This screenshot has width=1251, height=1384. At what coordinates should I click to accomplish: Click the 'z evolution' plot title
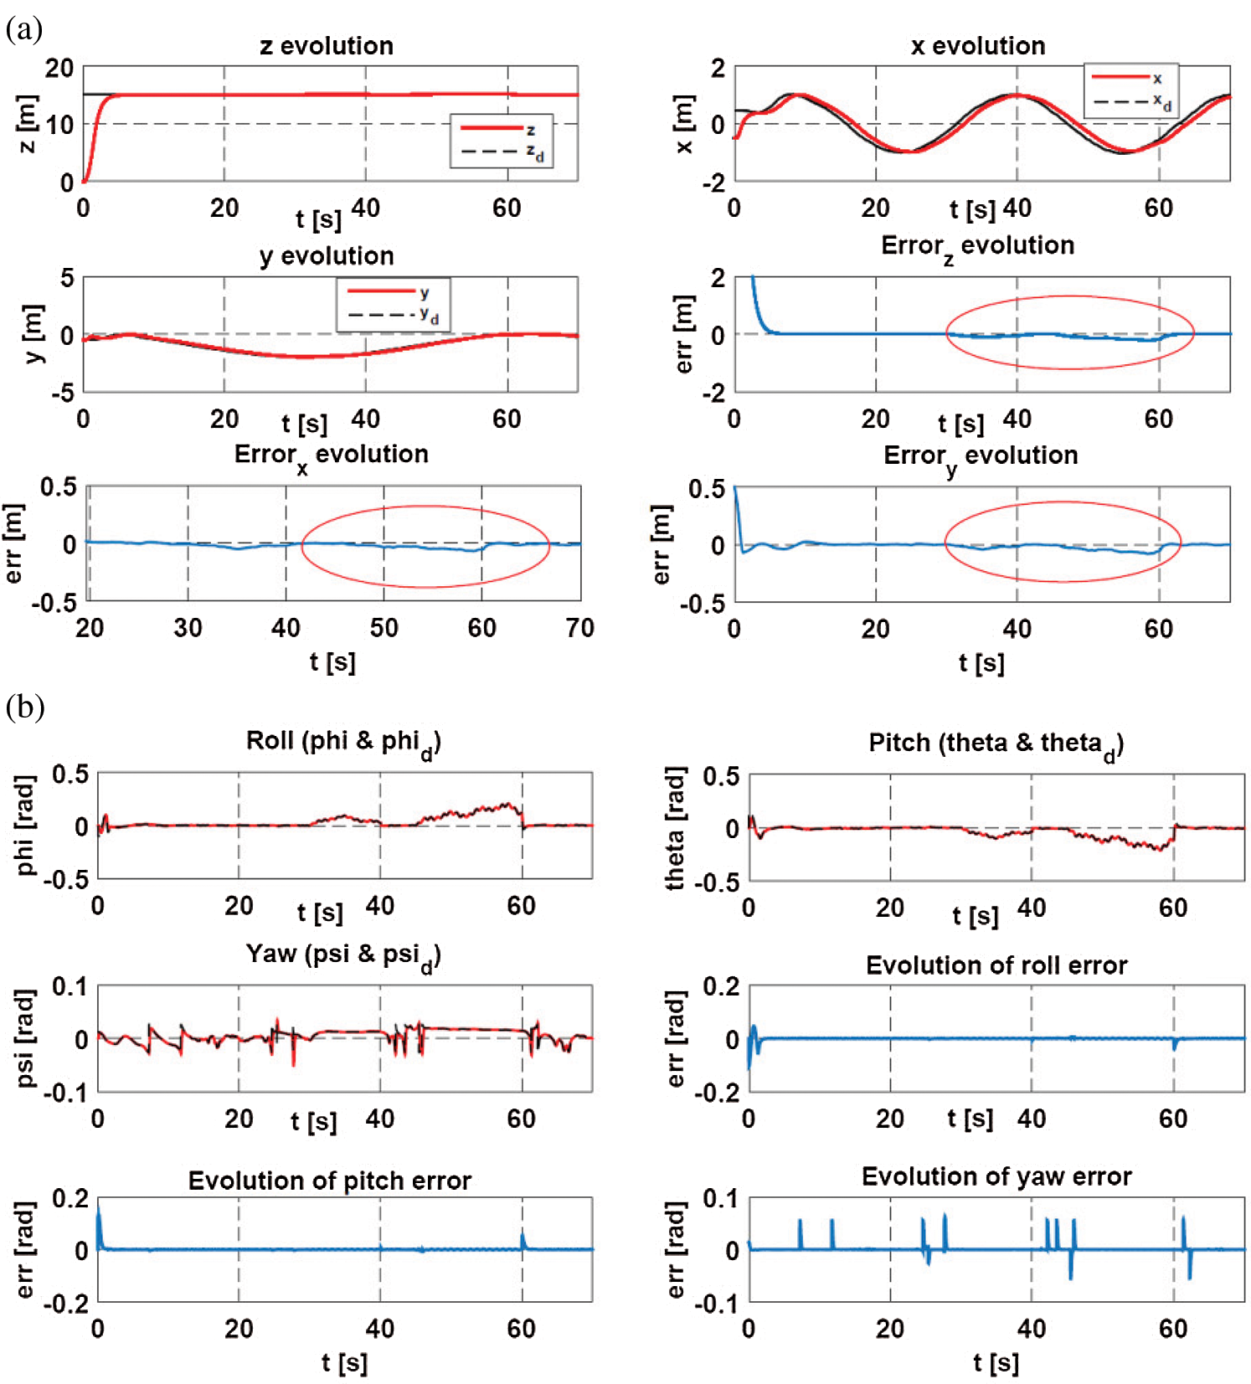pos(327,46)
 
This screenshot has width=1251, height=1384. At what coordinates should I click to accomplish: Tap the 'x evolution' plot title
pos(978,46)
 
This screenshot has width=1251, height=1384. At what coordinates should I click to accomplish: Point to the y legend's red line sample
pos(381,291)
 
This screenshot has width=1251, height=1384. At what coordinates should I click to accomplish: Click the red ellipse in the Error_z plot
pos(1070,296)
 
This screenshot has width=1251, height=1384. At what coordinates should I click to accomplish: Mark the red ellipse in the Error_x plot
pos(425,507)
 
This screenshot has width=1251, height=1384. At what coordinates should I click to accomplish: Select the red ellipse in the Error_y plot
pos(1063,502)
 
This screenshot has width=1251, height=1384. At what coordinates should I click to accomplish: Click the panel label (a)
pos(23,29)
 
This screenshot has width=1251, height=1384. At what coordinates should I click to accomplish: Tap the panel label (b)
pos(24,707)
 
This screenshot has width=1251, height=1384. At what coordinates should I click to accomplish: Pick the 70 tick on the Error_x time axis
pos(579,628)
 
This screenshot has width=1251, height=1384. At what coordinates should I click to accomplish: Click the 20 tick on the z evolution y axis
pos(59,68)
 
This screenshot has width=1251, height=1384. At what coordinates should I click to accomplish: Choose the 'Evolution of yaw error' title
pos(996,1176)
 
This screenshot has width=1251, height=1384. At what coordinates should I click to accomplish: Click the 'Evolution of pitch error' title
pos(330,1181)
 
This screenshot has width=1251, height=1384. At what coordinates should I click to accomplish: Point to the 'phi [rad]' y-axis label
pos(26,826)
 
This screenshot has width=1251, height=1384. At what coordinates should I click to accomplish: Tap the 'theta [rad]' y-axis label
pos(675,827)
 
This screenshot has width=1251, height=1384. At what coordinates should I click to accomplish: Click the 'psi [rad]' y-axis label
pos(26,1038)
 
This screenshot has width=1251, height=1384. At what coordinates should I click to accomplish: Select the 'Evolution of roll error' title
pos(996,965)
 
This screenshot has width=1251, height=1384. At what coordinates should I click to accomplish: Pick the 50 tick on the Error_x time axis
pos(384,628)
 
